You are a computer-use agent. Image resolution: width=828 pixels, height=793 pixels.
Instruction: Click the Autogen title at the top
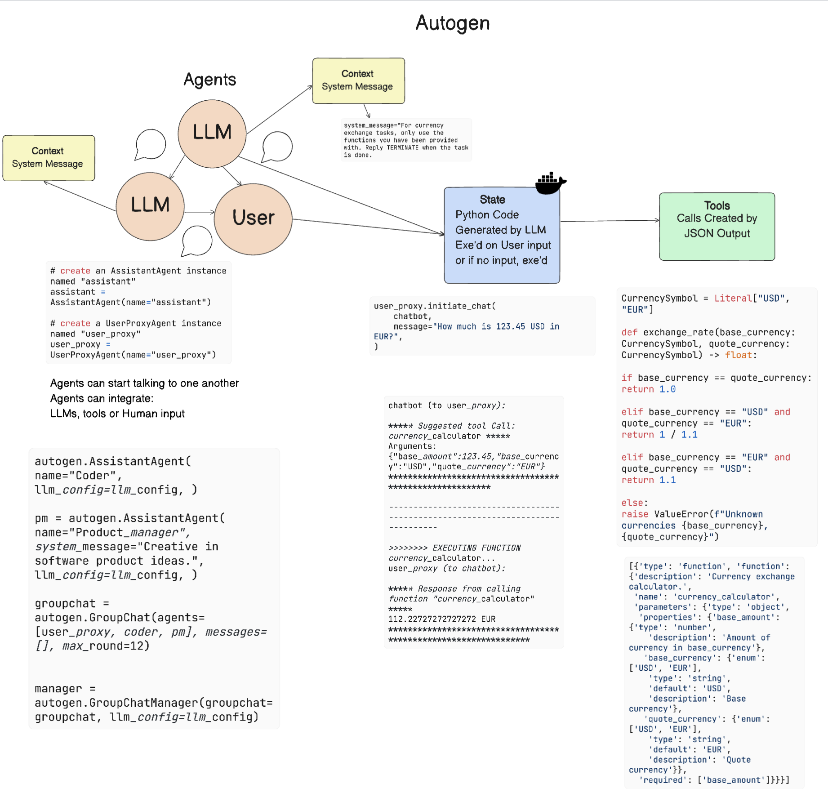[452, 23]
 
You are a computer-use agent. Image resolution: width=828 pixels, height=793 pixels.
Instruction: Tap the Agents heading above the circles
[209, 80]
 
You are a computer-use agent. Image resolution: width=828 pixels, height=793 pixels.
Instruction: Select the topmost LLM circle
[212, 133]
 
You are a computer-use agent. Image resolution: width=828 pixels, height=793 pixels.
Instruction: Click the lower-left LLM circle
[150, 206]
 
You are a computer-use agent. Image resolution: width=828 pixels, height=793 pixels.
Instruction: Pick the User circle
[253, 218]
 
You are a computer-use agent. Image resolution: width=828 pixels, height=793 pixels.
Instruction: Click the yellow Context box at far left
[49, 158]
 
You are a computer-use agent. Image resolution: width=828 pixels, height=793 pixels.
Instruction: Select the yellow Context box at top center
[358, 80]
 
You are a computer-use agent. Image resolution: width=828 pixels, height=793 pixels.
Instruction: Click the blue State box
[502, 235]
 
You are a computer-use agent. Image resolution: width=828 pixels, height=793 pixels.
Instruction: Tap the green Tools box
[717, 226]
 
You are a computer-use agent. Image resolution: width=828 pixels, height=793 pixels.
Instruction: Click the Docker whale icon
[550, 183]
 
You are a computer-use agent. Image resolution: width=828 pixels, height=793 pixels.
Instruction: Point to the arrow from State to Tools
[609, 221]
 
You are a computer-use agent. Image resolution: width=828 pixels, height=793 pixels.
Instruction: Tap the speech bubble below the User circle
[197, 241]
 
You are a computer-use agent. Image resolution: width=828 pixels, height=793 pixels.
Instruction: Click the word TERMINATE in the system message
[403, 148]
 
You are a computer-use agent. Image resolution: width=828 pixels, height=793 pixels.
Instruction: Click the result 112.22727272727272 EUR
[441, 619]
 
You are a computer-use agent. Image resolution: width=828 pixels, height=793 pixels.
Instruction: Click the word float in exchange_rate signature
[738, 355]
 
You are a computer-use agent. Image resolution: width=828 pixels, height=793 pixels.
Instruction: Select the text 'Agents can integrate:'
[102, 399]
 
